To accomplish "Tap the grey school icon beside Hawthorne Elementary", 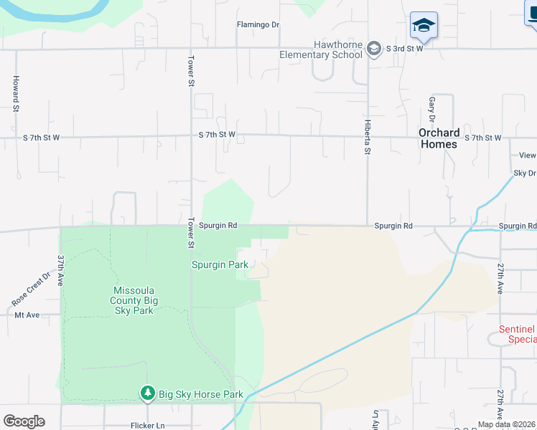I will click(x=373, y=49).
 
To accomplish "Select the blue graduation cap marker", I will click(x=424, y=26).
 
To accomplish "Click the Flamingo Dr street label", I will click(x=258, y=24).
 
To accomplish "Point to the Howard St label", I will click(x=15, y=93).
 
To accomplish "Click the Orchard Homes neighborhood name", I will click(x=439, y=138).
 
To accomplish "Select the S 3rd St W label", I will click(x=404, y=49).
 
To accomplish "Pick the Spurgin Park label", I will click(x=220, y=264).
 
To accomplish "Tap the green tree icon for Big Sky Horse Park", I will click(x=147, y=393).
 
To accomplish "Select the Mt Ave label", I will click(x=27, y=315).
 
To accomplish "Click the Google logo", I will click(x=24, y=421).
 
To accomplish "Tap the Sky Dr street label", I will click(x=524, y=173).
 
